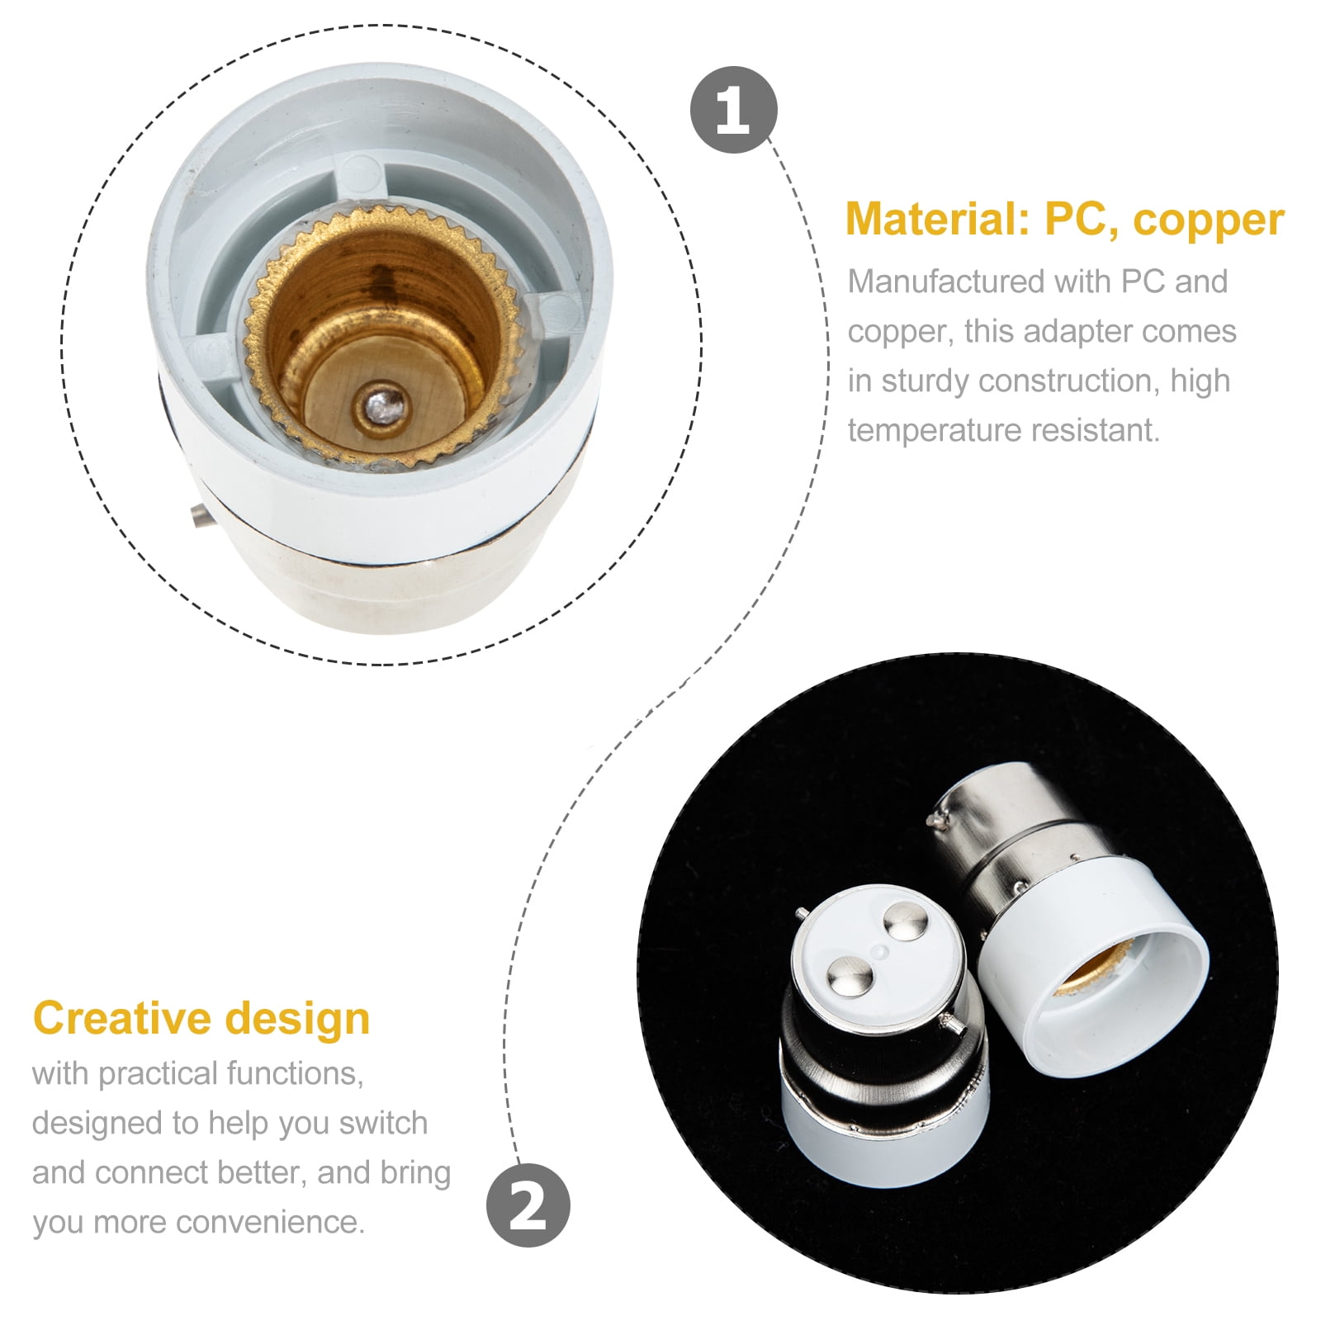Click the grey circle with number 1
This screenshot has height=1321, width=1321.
coord(733,110)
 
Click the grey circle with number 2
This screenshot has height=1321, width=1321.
coord(528,1205)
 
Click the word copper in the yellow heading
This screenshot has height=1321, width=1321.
coord(1208,220)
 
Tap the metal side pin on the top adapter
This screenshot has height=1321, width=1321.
coord(197,518)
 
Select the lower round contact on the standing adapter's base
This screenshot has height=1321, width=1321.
coord(850,978)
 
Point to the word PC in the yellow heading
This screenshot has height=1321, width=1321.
coord(1080,220)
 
